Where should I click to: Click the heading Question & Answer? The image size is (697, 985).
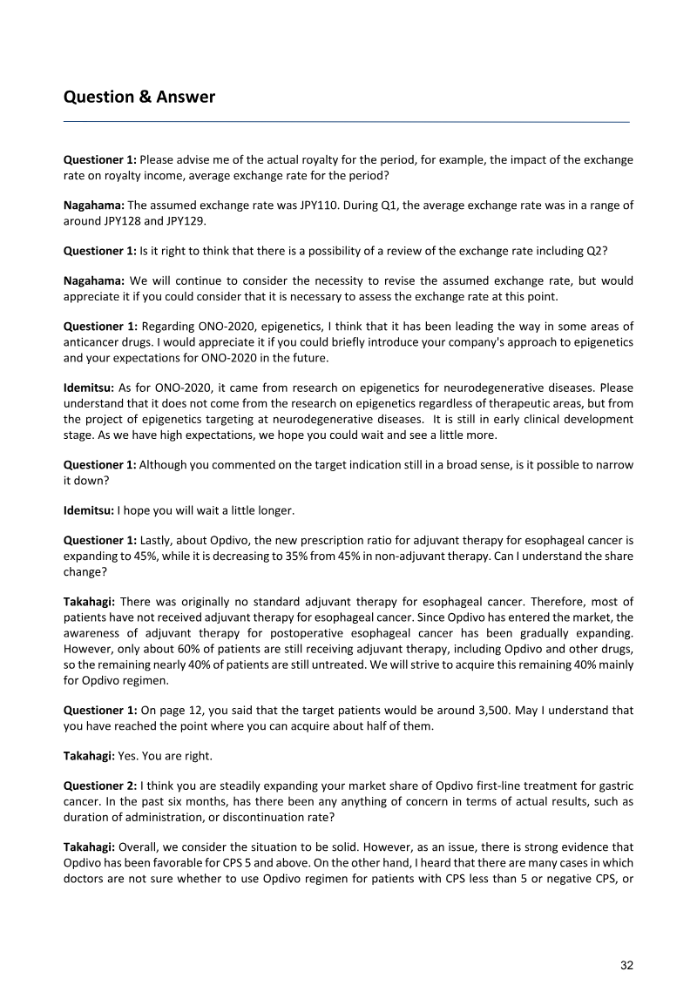pos(139,97)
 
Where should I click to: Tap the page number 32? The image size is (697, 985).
pos(626,965)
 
